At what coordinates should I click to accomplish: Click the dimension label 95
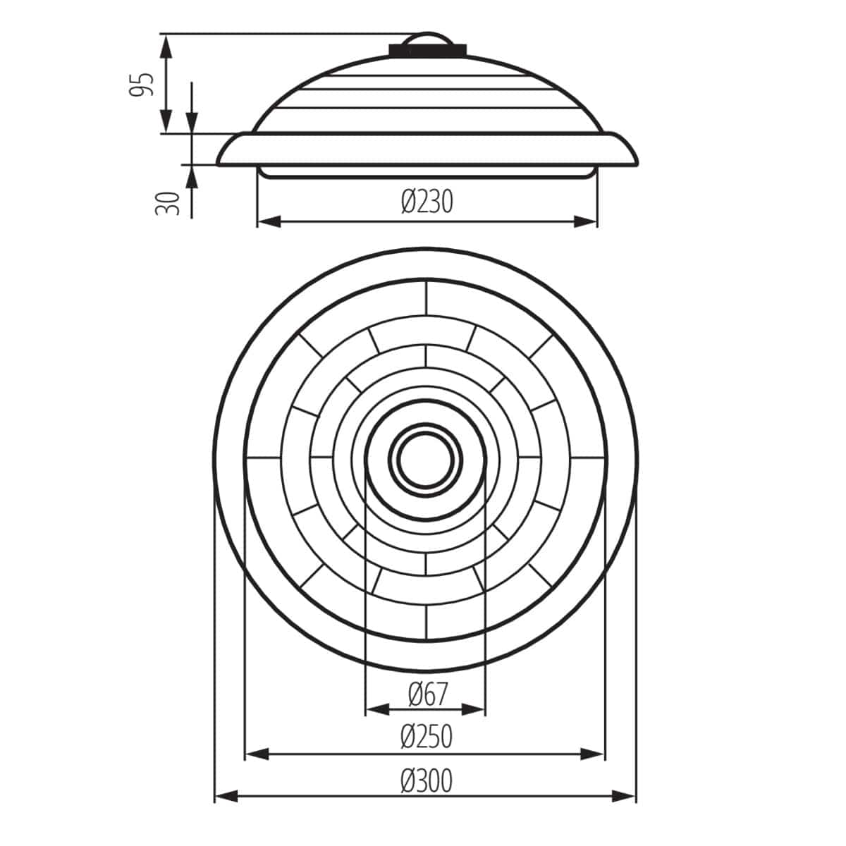145,84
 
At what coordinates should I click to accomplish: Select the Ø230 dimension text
427,202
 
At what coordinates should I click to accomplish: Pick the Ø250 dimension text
426,737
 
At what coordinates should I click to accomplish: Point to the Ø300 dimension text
426,780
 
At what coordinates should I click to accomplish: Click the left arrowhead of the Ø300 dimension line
226,797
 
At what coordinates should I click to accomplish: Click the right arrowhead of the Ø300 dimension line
625,797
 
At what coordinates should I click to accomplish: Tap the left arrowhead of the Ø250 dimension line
257,754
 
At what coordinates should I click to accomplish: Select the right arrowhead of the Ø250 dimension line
593,754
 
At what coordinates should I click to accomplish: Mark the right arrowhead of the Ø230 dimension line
585,221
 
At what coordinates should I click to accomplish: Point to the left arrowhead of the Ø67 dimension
377,709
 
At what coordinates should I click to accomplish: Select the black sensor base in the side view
427,49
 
